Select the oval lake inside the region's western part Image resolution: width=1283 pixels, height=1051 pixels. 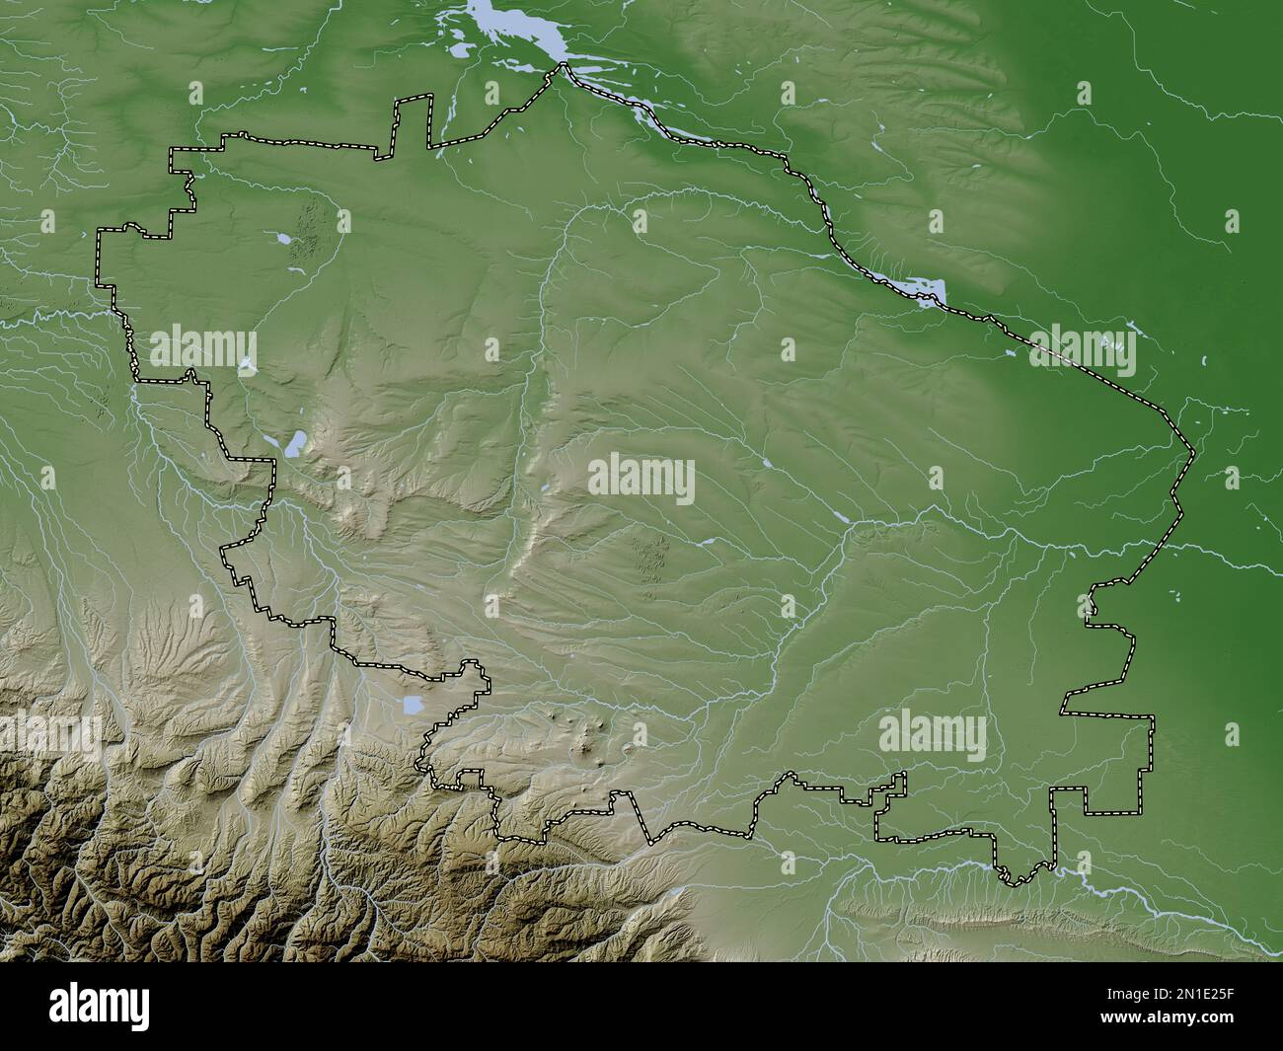point(294,444)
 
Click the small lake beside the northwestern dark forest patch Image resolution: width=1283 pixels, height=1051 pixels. point(283,239)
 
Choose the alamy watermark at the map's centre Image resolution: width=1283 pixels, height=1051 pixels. point(641,481)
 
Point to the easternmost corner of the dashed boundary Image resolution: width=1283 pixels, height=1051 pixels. point(1193,453)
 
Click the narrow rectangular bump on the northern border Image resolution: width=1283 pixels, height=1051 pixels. point(413,123)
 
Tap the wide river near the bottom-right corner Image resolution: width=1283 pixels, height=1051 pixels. point(1165,892)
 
